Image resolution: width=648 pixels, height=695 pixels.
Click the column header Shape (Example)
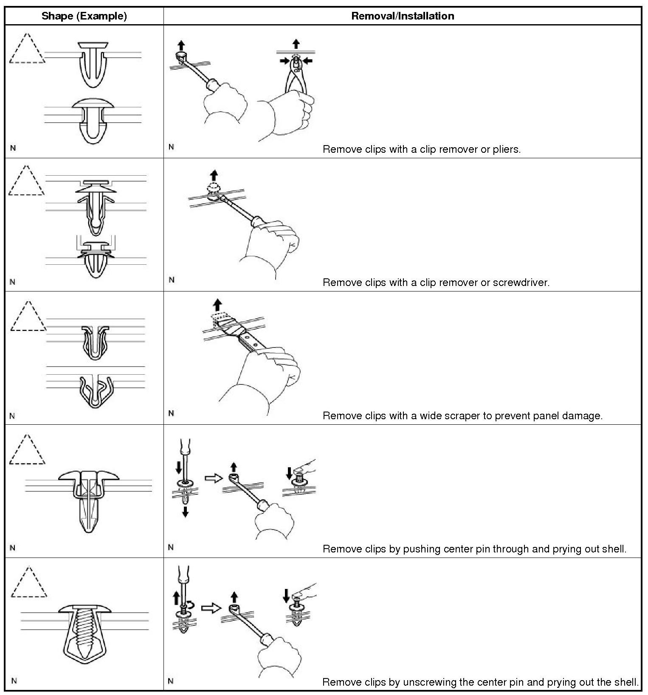pyautogui.click(x=84, y=16)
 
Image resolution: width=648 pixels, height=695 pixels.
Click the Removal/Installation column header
pyautogui.click(x=403, y=16)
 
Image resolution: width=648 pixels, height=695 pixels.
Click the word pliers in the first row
pyautogui.click(x=506, y=149)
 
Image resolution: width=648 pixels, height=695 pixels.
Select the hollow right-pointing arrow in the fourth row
pyautogui.click(x=214, y=478)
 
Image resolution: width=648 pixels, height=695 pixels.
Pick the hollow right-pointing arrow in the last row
pyautogui.click(x=211, y=608)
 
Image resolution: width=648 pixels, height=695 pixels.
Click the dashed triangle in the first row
pyautogui.click(x=27, y=48)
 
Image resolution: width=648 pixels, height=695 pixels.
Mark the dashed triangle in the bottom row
pyautogui.click(x=29, y=582)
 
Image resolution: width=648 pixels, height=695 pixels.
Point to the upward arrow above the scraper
pyautogui.click(x=217, y=305)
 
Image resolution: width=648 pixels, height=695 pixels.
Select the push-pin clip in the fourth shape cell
pyautogui.click(x=88, y=501)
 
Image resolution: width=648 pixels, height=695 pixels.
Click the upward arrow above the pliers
pyautogui.click(x=296, y=44)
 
